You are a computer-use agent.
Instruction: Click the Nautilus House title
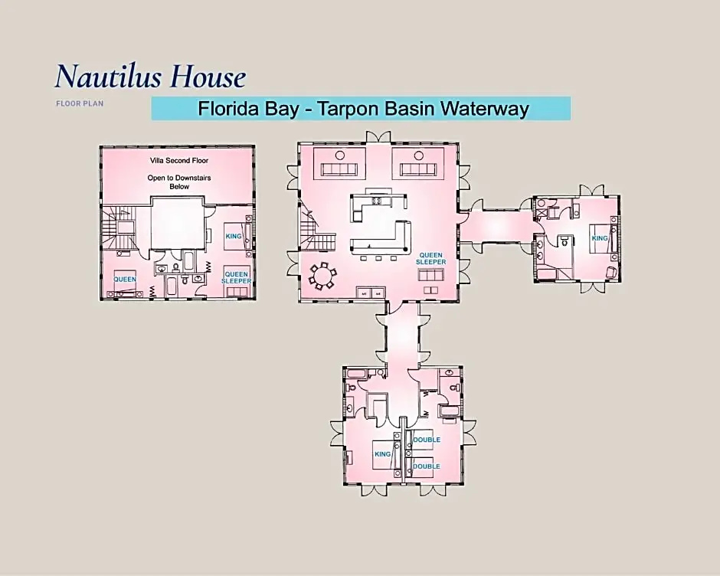pos(151,76)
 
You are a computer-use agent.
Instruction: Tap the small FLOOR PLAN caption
pos(80,103)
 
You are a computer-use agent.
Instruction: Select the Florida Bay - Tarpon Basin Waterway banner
pos(361,109)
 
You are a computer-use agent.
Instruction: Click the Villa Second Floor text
pos(179,161)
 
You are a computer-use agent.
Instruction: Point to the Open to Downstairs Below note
pos(179,182)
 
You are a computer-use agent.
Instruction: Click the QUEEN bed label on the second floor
pos(125,280)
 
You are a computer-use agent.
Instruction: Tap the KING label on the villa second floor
pos(234,236)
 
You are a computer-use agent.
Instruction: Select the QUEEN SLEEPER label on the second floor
pos(237,277)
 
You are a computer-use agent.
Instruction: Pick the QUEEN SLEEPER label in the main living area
pos(430,258)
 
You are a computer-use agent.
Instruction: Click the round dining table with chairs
pos(322,276)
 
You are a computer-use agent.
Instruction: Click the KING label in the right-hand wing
pos(600,238)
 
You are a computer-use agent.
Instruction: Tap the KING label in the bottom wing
pos(382,453)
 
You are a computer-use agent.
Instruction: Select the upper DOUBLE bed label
pos(427,440)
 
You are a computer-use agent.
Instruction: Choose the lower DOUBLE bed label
pos(427,466)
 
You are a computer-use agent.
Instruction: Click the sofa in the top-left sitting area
pos(339,169)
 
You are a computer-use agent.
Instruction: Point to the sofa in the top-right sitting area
pos(418,169)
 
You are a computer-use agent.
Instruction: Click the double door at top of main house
pos(379,137)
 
